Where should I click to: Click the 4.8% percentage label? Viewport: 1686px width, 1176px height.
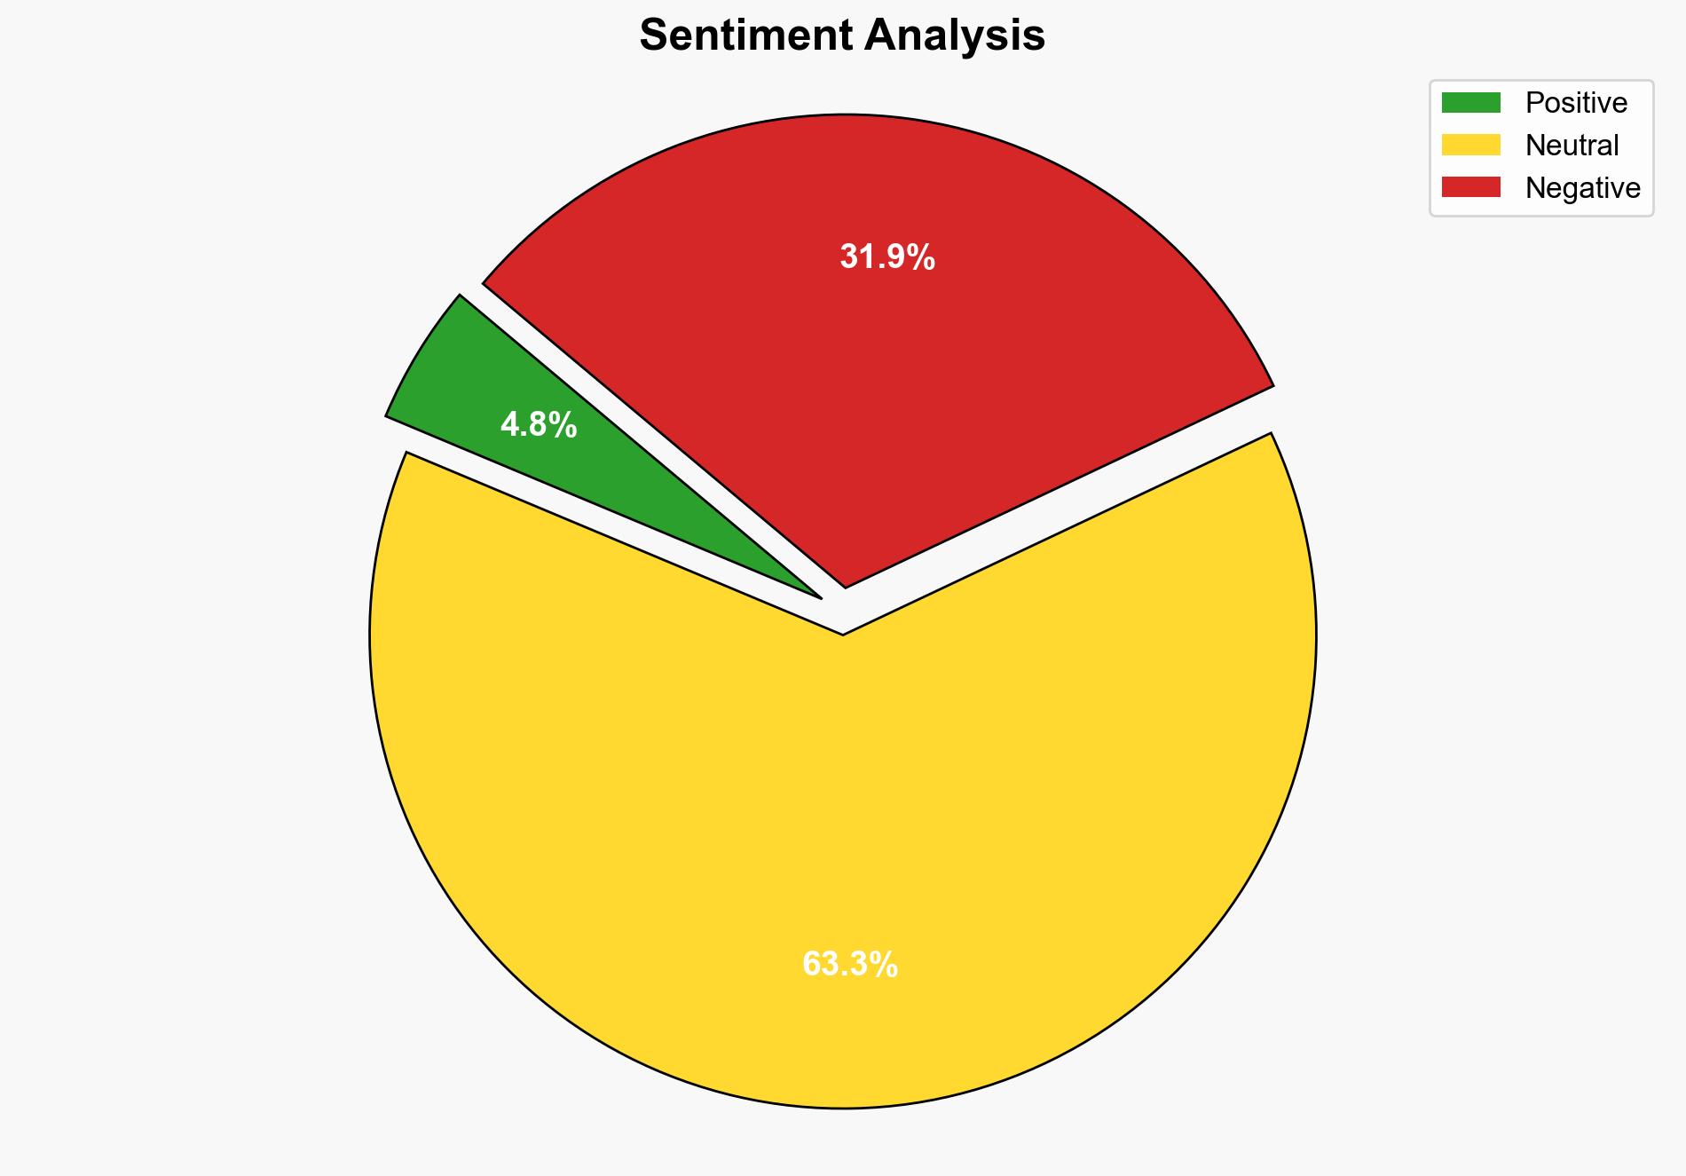[x=539, y=426]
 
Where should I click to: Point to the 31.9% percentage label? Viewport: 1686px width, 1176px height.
[x=887, y=257]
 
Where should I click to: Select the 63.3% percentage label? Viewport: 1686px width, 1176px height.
[x=849, y=964]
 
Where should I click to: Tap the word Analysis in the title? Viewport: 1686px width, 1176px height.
[x=955, y=36]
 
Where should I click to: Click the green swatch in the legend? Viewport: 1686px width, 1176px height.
[x=1470, y=103]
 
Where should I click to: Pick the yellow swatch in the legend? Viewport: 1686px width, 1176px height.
[x=1470, y=145]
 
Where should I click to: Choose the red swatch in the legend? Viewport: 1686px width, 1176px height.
[x=1470, y=187]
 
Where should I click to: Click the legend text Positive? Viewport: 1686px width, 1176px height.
[x=1576, y=103]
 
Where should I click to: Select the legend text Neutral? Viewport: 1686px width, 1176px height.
[x=1572, y=146]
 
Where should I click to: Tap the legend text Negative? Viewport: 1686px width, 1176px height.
[x=1582, y=188]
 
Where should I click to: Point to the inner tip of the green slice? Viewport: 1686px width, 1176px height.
[x=818, y=596]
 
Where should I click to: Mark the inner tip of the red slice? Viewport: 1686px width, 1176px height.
[x=846, y=586]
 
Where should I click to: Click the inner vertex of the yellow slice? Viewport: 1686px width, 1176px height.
[x=842, y=634]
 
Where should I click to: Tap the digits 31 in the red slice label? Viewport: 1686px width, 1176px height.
[x=854, y=257]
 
